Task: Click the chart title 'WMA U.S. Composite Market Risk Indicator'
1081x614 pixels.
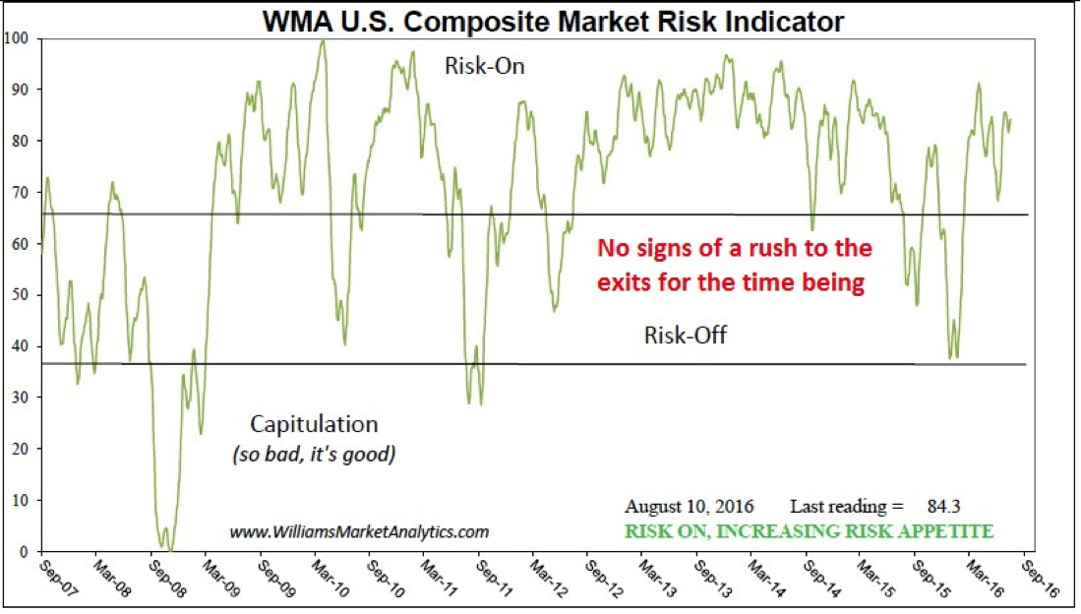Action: (x=552, y=21)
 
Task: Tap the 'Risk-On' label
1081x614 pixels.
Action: (x=484, y=68)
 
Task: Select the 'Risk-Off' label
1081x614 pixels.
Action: (x=685, y=336)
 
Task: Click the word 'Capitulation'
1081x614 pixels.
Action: (x=314, y=424)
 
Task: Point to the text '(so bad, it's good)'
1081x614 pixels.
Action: (x=314, y=456)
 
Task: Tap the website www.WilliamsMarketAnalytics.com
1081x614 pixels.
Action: (x=359, y=532)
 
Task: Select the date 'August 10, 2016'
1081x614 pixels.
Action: (x=689, y=507)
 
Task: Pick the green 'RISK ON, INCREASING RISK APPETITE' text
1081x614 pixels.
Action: (x=810, y=531)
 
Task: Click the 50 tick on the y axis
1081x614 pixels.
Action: (x=20, y=295)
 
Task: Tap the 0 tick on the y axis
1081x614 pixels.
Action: (x=24, y=552)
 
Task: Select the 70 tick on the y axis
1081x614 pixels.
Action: (x=20, y=193)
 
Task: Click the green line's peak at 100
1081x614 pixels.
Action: (x=323, y=40)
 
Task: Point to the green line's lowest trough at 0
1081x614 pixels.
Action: (x=169, y=550)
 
